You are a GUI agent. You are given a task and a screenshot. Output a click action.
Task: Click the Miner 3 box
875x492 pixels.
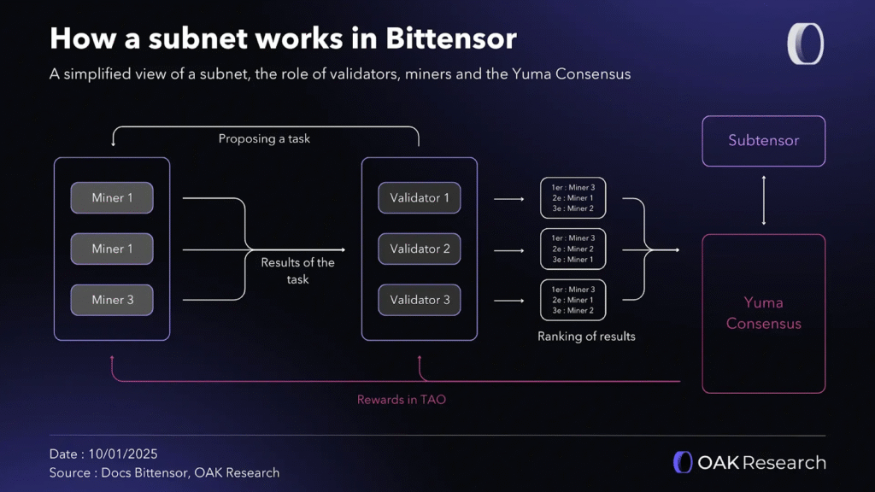pyautogui.click(x=112, y=300)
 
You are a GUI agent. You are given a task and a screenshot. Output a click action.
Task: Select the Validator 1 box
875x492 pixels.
pyautogui.click(x=420, y=198)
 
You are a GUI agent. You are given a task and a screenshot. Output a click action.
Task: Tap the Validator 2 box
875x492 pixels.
pyautogui.click(x=420, y=249)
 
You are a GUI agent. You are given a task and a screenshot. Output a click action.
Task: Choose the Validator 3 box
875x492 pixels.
pyautogui.click(x=420, y=300)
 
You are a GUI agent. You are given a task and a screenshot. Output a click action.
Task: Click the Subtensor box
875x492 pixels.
pyautogui.click(x=763, y=140)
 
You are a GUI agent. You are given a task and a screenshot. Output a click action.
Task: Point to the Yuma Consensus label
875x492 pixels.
pyautogui.click(x=763, y=313)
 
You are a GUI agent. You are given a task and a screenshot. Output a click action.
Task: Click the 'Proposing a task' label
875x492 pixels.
pyautogui.click(x=264, y=138)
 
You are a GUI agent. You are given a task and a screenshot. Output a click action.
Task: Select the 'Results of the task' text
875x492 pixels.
pyautogui.click(x=297, y=271)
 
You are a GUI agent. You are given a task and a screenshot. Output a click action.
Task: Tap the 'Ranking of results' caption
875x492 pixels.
pyautogui.click(x=586, y=337)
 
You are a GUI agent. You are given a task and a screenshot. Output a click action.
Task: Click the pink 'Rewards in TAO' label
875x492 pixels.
pyautogui.click(x=402, y=400)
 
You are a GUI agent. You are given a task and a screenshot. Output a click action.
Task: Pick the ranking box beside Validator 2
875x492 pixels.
pyautogui.click(x=573, y=249)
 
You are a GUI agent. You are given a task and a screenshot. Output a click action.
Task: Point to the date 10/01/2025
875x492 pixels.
pyautogui.click(x=123, y=454)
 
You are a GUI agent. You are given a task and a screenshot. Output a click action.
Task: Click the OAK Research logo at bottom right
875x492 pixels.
pyautogui.click(x=749, y=463)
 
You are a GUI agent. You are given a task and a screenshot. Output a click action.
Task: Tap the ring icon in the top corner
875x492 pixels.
pyautogui.click(x=805, y=44)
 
